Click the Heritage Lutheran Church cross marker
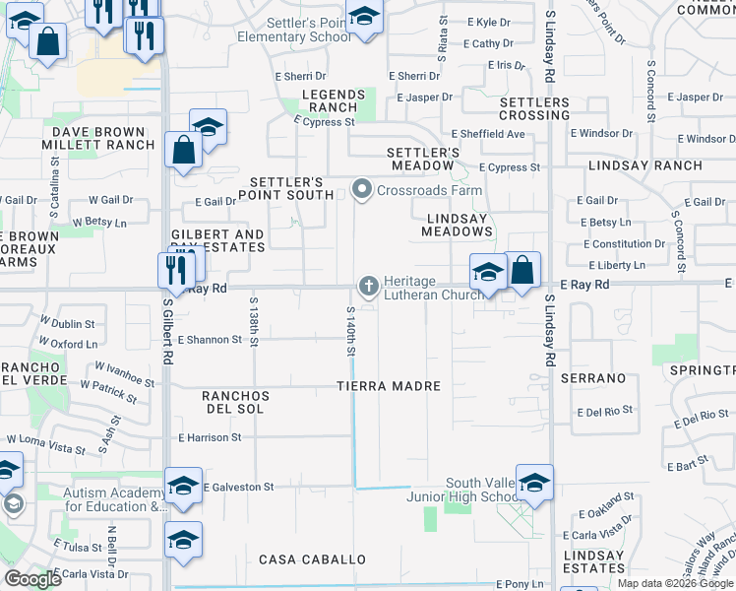pos(369,287)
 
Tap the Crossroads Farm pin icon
pos(362,189)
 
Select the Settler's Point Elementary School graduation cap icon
pos(364,19)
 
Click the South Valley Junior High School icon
pos(533,483)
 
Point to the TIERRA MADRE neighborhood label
pos(388,386)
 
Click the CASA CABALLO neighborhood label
pos(312,559)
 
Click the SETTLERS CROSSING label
pos(534,108)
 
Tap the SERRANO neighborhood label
pos(593,378)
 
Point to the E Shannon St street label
pos(209,340)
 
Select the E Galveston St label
pos(237,487)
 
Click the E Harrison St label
pos(210,437)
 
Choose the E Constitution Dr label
pos(624,244)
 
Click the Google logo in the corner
pos(33,578)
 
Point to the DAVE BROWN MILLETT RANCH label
pos(103,138)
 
